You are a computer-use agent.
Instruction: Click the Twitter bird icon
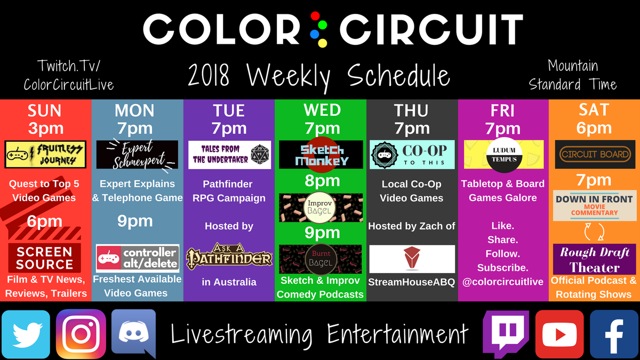pyautogui.click(x=26, y=334)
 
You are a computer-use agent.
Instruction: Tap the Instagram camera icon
pyautogui.click(x=81, y=334)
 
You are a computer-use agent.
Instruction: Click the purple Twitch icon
pyautogui.click(x=506, y=334)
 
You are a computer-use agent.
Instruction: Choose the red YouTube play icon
pyautogui.click(x=559, y=334)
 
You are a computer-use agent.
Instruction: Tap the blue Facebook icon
pyautogui.click(x=614, y=334)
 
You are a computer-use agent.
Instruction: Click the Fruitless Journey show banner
pyautogui.click(x=45, y=155)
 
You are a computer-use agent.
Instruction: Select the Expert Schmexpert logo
pyautogui.click(x=137, y=155)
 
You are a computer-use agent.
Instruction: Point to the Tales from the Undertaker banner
pyautogui.click(x=229, y=155)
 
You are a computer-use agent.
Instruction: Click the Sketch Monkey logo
pyautogui.click(x=321, y=155)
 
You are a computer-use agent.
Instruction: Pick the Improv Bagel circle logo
pyautogui.click(x=319, y=207)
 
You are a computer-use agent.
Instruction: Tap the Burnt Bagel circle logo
pyautogui.click(x=321, y=259)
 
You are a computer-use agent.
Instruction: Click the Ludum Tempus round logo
pyautogui.click(x=505, y=155)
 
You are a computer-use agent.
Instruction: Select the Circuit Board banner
pyautogui.click(x=595, y=154)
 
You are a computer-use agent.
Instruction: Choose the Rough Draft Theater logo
pyautogui.click(x=595, y=259)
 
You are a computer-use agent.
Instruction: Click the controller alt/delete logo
pyautogui.click(x=138, y=258)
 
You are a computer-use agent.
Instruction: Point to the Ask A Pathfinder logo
pyautogui.click(x=229, y=257)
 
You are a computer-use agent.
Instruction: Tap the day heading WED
pyautogui.click(x=322, y=110)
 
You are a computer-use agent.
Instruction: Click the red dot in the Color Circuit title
pyautogui.click(x=315, y=16)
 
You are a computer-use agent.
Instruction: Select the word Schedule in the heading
pyautogui.click(x=399, y=75)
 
